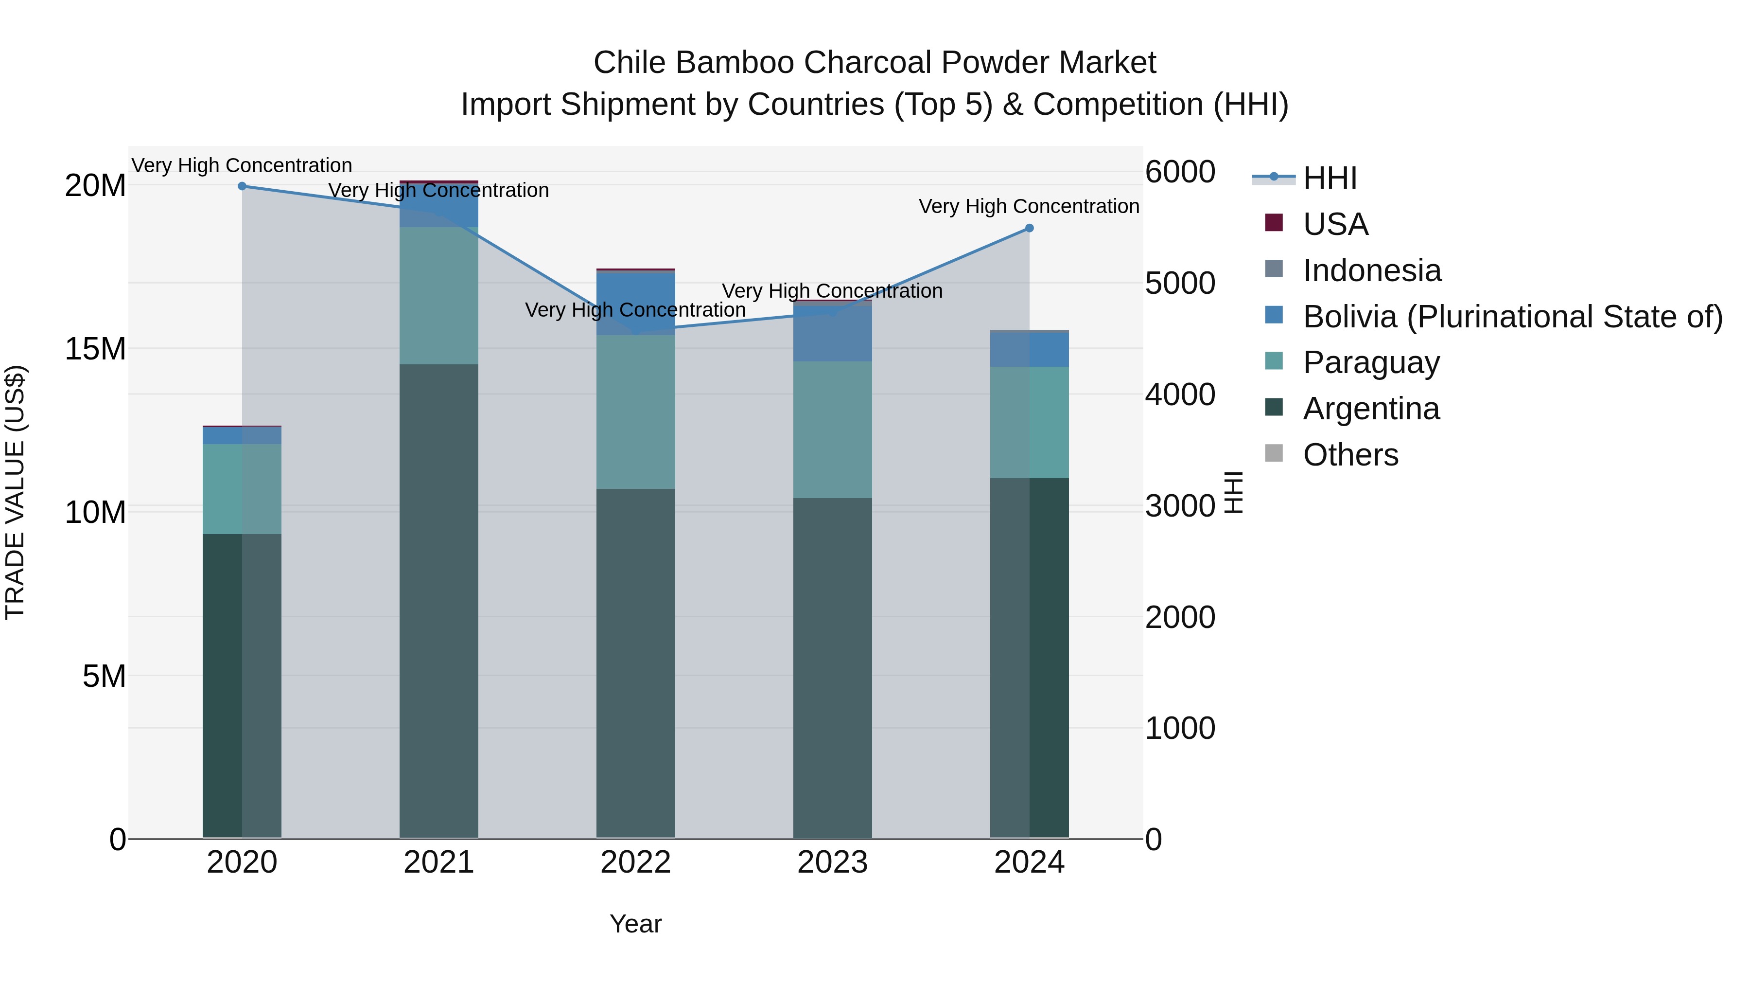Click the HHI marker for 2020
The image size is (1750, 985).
(242, 186)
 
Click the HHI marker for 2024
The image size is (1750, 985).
(1029, 229)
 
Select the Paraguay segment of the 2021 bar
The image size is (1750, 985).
(439, 296)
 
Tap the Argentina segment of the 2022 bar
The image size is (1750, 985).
(636, 663)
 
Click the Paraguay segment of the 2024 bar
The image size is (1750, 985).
(1029, 422)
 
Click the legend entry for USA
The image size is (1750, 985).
(1335, 224)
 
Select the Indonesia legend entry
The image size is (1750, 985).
(1371, 270)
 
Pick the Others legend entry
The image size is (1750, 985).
(1350, 455)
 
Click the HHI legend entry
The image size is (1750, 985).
(1330, 178)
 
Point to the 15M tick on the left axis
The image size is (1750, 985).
(95, 349)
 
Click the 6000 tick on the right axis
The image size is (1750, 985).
(1180, 172)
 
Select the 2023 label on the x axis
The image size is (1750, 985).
(832, 862)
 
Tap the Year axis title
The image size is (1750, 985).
(635, 924)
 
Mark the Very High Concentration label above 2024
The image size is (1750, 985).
(1029, 206)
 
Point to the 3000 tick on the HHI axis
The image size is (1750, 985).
(1180, 506)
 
